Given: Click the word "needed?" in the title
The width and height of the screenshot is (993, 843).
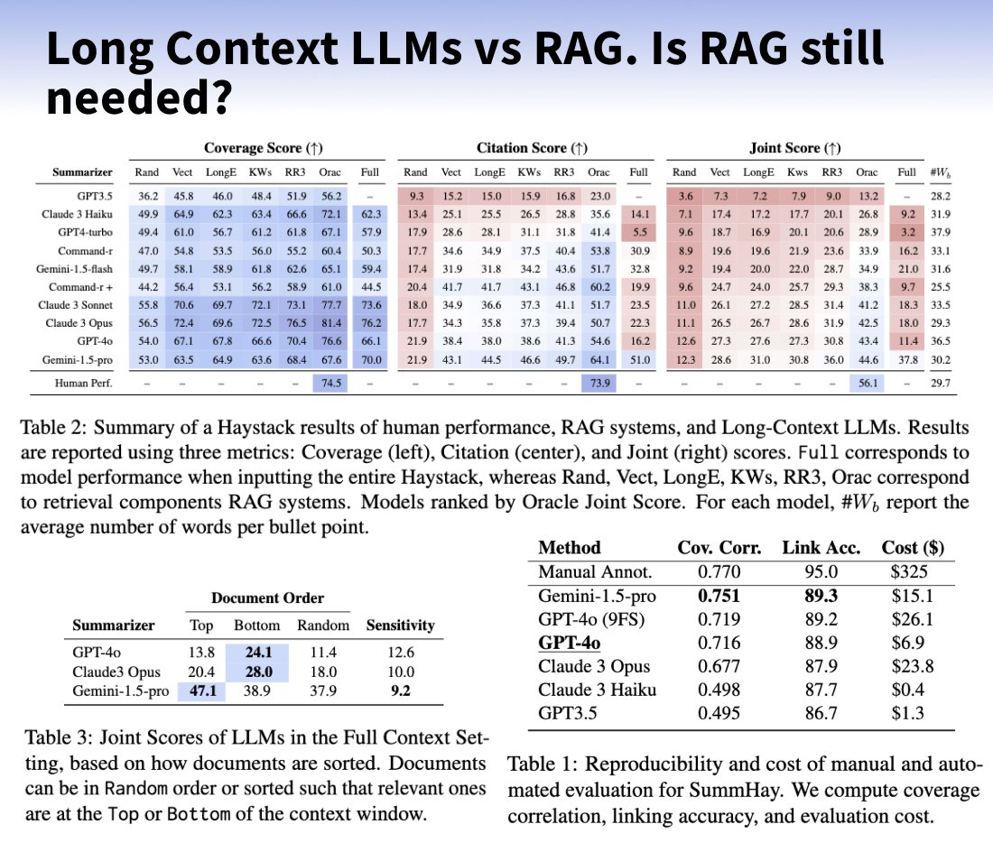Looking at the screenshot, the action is pos(139,98).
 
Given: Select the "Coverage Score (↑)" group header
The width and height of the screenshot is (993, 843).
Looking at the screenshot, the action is pos(264,148).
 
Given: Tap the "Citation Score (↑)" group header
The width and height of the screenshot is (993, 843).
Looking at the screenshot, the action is pos(532,148).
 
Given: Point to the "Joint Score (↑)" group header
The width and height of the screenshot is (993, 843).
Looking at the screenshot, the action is pos(794,148).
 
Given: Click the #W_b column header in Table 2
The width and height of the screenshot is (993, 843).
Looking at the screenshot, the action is pos(940,172).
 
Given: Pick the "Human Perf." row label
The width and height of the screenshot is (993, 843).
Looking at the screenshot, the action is pos(84,384).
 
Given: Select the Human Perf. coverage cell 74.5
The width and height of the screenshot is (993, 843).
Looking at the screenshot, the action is pos(330,384).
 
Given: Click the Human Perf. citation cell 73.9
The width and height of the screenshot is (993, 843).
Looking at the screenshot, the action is pos(599,384).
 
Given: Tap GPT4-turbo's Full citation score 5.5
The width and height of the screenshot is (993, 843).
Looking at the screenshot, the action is pos(640,233).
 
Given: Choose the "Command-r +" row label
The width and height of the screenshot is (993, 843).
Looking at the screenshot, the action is pos(80,287).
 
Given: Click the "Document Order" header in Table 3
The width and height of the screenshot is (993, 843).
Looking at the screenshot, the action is pos(267,598).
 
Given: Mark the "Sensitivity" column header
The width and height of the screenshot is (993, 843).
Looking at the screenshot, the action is pos(400,625).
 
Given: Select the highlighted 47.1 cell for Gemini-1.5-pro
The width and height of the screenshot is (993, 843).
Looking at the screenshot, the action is pos(202,690).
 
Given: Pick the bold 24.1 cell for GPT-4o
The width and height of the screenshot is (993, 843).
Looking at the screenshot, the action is pos(258,653).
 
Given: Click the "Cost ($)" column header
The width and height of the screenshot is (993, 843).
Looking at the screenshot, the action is pos(913,548).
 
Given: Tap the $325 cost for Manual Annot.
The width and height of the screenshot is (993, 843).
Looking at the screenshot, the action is pos(909,572).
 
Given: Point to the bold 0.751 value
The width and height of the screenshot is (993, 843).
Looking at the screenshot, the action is pos(719,596).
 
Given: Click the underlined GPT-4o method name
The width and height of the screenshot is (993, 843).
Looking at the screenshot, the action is pos(570,643).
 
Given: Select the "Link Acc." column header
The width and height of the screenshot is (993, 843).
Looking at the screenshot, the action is pos(821,548).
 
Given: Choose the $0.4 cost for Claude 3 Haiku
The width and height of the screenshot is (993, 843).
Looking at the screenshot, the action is pos(908,690).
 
